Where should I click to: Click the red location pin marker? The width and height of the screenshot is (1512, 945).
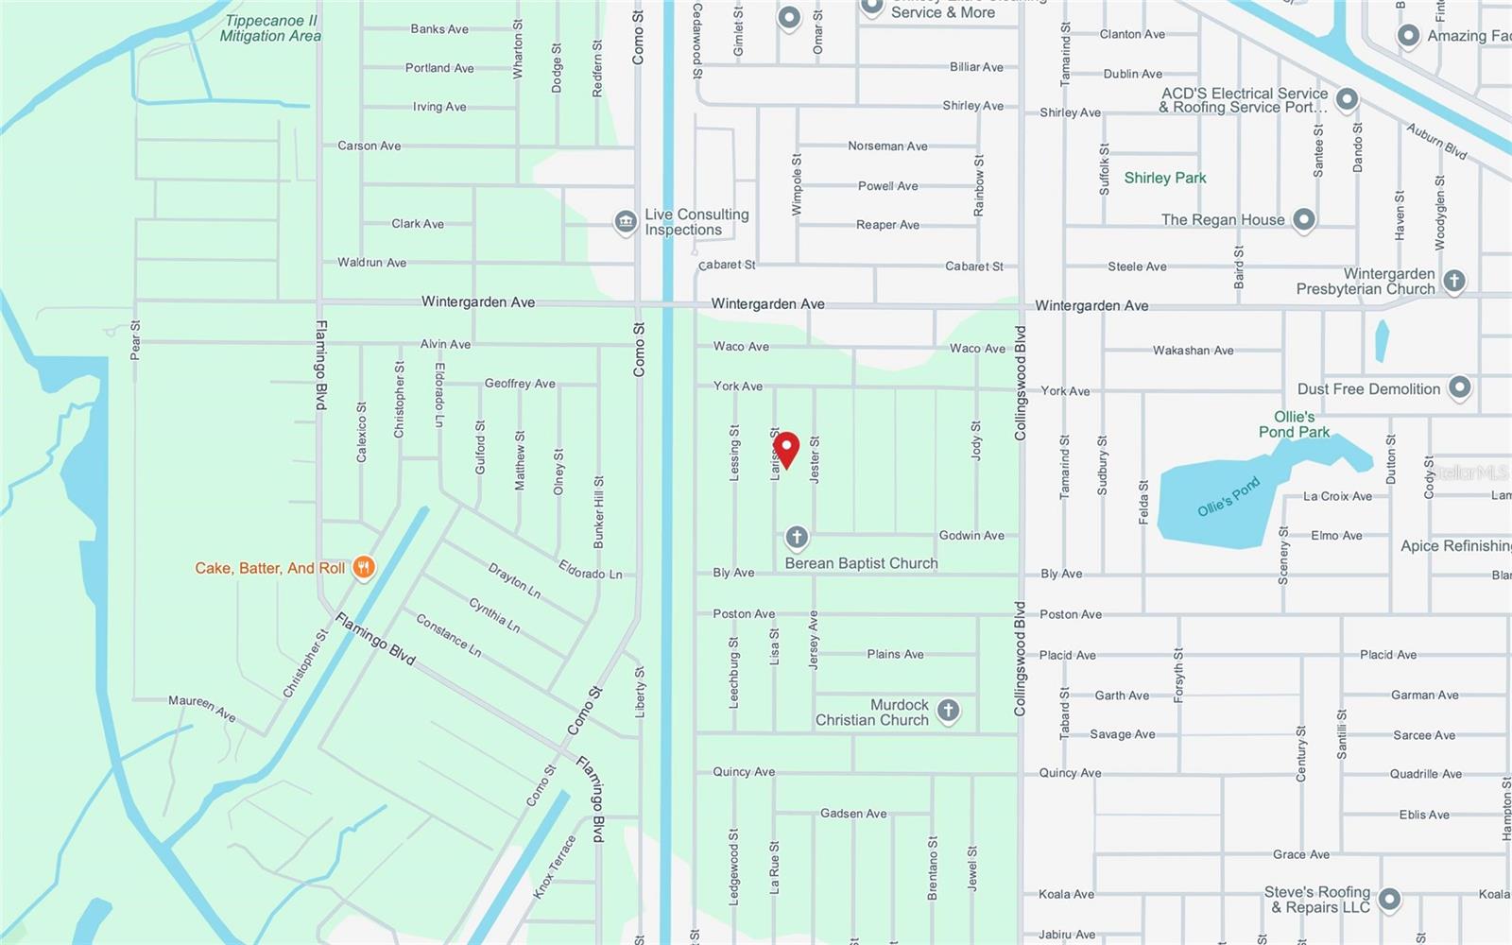(786, 449)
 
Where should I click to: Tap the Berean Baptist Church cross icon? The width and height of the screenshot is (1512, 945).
(797, 538)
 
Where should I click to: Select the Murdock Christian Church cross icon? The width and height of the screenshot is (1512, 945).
(949, 710)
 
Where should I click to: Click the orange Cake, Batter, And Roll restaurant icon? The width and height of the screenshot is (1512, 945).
(364, 567)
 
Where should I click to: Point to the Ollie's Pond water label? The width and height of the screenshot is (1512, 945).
(1228, 497)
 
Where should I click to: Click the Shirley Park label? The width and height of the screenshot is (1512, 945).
(1164, 178)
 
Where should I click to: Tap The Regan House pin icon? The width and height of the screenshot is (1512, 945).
(1304, 219)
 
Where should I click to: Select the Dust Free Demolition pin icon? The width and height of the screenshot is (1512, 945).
(1460, 387)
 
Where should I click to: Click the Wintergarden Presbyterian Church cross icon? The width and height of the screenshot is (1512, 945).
(1454, 280)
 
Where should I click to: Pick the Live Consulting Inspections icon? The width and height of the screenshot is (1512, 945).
(625, 222)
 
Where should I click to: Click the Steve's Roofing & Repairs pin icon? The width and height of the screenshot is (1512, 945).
(1389, 899)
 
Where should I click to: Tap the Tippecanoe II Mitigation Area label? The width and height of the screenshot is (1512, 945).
(270, 28)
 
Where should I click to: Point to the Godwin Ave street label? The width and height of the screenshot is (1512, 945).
(971, 535)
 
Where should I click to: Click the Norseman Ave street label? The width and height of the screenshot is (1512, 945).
(887, 146)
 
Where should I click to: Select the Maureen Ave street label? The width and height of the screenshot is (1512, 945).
(202, 707)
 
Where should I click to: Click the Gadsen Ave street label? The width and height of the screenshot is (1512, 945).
(853, 813)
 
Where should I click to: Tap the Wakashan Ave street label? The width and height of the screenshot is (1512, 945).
(1193, 350)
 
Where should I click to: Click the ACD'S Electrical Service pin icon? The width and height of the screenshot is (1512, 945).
(1347, 99)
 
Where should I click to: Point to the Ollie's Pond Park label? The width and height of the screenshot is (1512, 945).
(1294, 424)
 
